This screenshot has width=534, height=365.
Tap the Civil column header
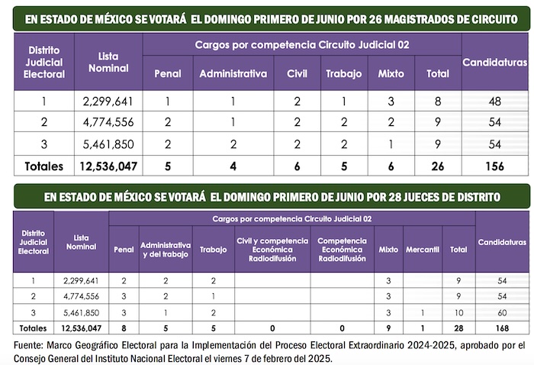[295, 74]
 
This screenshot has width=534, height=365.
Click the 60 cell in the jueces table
[502, 312]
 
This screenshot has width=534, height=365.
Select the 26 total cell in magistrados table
[437, 165]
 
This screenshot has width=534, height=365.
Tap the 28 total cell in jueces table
[458, 328]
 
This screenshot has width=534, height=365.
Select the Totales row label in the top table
[44, 165]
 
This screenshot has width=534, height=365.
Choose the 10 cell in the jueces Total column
[458, 312]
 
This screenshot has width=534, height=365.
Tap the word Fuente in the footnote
[27, 345]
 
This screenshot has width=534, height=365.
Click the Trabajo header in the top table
[343, 74]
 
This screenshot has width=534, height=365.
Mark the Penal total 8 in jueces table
[124, 328]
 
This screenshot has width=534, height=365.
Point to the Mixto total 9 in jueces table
[388, 328]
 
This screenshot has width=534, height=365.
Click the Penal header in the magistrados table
[168, 74]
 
